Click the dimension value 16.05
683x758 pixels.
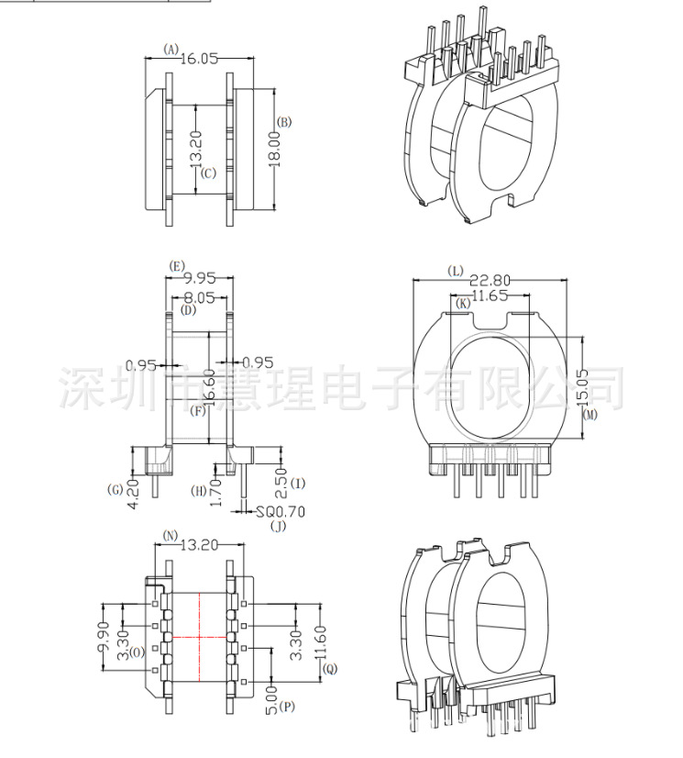(x=199, y=59)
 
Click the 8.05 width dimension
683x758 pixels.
(x=201, y=297)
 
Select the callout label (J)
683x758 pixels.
(x=280, y=527)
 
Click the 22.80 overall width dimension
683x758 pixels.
(x=495, y=281)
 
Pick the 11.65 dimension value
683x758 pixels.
(x=496, y=295)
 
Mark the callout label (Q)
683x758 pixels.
(x=329, y=669)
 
